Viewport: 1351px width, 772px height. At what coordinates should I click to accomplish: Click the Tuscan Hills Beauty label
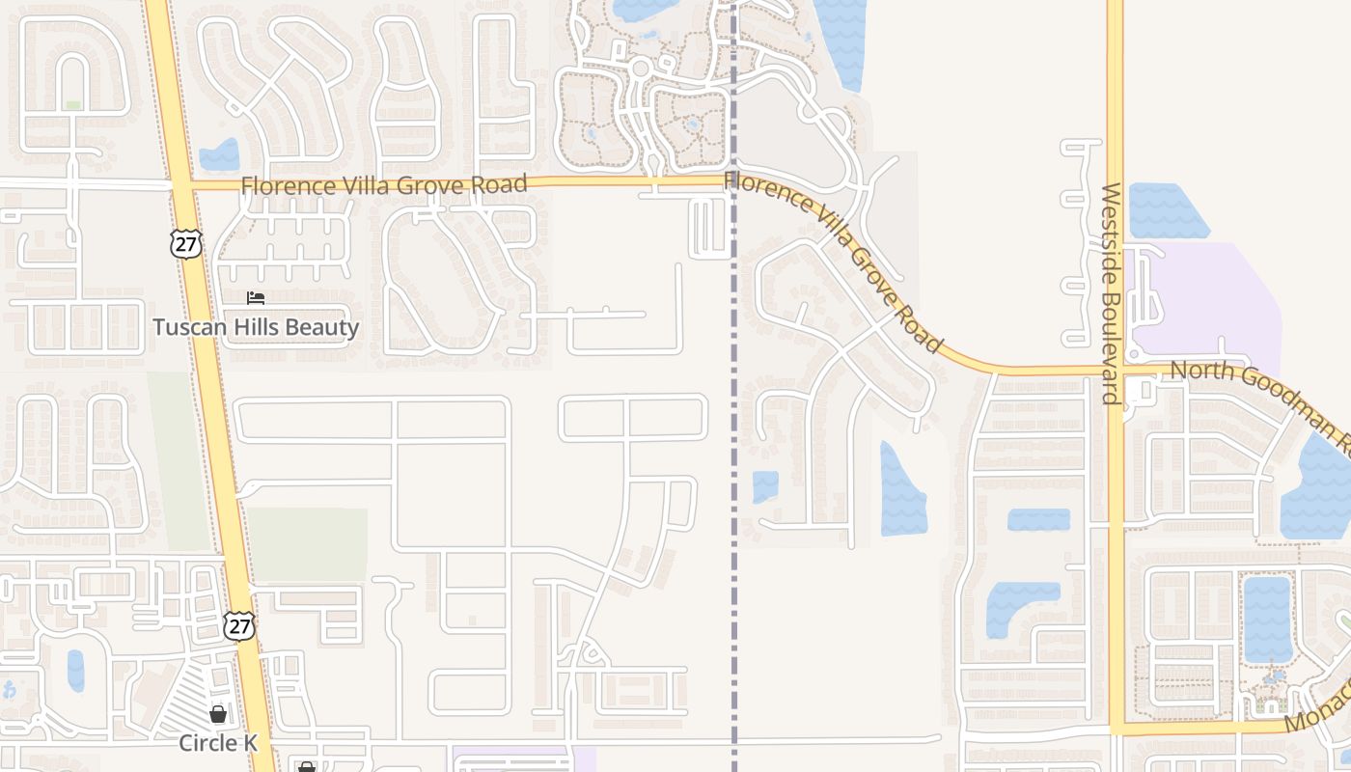tap(256, 327)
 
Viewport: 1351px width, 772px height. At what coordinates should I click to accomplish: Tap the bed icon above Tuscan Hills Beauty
tap(256, 298)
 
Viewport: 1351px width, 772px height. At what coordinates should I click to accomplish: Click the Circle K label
tap(220, 742)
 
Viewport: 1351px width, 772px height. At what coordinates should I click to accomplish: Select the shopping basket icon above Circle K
tap(219, 714)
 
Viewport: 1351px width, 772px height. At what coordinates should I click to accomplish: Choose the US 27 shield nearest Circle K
tap(239, 624)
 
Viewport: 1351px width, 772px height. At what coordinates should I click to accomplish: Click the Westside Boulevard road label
tap(1110, 292)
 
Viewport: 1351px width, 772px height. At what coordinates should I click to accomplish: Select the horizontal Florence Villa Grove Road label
tap(384, 184)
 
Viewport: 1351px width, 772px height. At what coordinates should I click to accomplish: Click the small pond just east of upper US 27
tap(221, 155)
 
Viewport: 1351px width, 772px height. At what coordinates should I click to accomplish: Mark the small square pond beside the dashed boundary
tap(765, 486)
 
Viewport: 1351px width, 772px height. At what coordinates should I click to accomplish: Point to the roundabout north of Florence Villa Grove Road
tap(639, 68)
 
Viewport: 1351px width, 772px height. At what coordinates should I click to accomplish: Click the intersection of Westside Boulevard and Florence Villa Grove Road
tap(1115, 371)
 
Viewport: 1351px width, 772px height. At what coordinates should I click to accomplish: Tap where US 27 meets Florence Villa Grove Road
tap(181, 183)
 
